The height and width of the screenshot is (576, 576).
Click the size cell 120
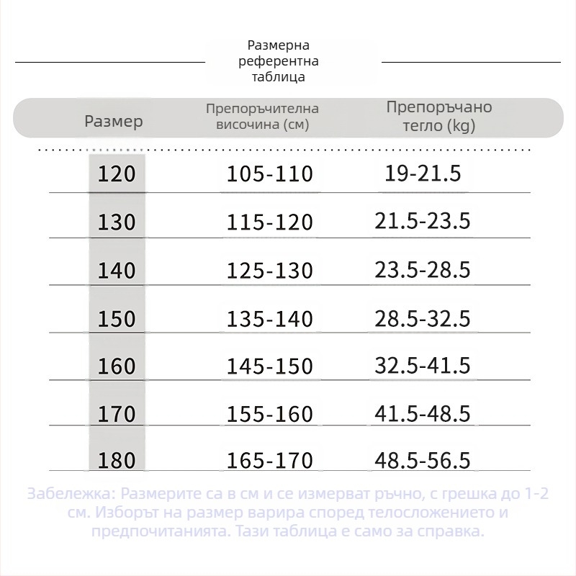(x=116, y=174)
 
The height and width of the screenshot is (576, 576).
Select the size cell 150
(x=116, y=318)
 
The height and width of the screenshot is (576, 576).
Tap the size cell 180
(x=116, y=461)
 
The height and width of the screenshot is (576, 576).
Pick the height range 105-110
(x=270, y=174)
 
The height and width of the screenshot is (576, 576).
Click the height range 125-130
(x=270, y=270)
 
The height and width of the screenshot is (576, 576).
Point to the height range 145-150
(x=270, y=366)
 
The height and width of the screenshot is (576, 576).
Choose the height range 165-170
(x=270, y=461)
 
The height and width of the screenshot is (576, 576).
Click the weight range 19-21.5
(x=423, y=174)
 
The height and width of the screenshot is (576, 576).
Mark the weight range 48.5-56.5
(x=423, y=461)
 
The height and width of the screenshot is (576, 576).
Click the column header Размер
(x=114, y=121)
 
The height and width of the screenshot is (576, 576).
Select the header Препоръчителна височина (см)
(x=262, y=117)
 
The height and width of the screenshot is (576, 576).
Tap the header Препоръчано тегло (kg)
(x=439, y=117)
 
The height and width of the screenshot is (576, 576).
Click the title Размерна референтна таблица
(x=279, y=61)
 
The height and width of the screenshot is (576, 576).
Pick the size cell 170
(x=116, y=414)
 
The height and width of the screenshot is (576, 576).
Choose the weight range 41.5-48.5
(x=423, y=413)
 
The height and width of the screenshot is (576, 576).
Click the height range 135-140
(x=270, y=318)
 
